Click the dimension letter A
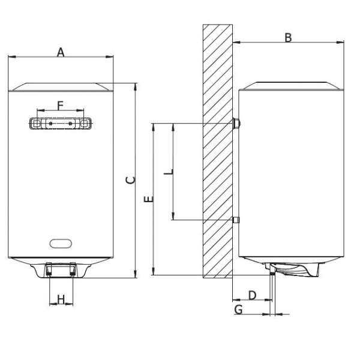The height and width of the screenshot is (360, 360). coord(61,52)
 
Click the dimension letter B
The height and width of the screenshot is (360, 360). coord(288,38)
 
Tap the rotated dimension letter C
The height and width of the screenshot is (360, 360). coord(131,180)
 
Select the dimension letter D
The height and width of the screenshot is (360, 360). coord(253,295)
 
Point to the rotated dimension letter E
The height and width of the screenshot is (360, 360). coord(149,199)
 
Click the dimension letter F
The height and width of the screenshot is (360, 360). coord(60,106)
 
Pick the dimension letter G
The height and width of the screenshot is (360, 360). coord(238,310)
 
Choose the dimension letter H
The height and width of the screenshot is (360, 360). coord(61,299)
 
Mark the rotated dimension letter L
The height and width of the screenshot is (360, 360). coord(168,172)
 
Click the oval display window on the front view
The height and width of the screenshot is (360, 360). coord(61,244)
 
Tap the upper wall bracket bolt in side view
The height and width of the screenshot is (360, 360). coord(236,124)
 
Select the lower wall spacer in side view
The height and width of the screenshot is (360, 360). coord(236,220)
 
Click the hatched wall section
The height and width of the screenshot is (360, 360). coord(218,151)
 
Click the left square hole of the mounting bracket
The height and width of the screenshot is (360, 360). coord(37,124)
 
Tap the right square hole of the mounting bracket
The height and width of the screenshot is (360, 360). coord(85,124)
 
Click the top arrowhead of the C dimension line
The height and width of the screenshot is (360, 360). coord(136,86)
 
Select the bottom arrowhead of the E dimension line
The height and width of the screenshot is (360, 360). coord(154,271)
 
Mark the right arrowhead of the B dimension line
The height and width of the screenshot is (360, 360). coord(340,42)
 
